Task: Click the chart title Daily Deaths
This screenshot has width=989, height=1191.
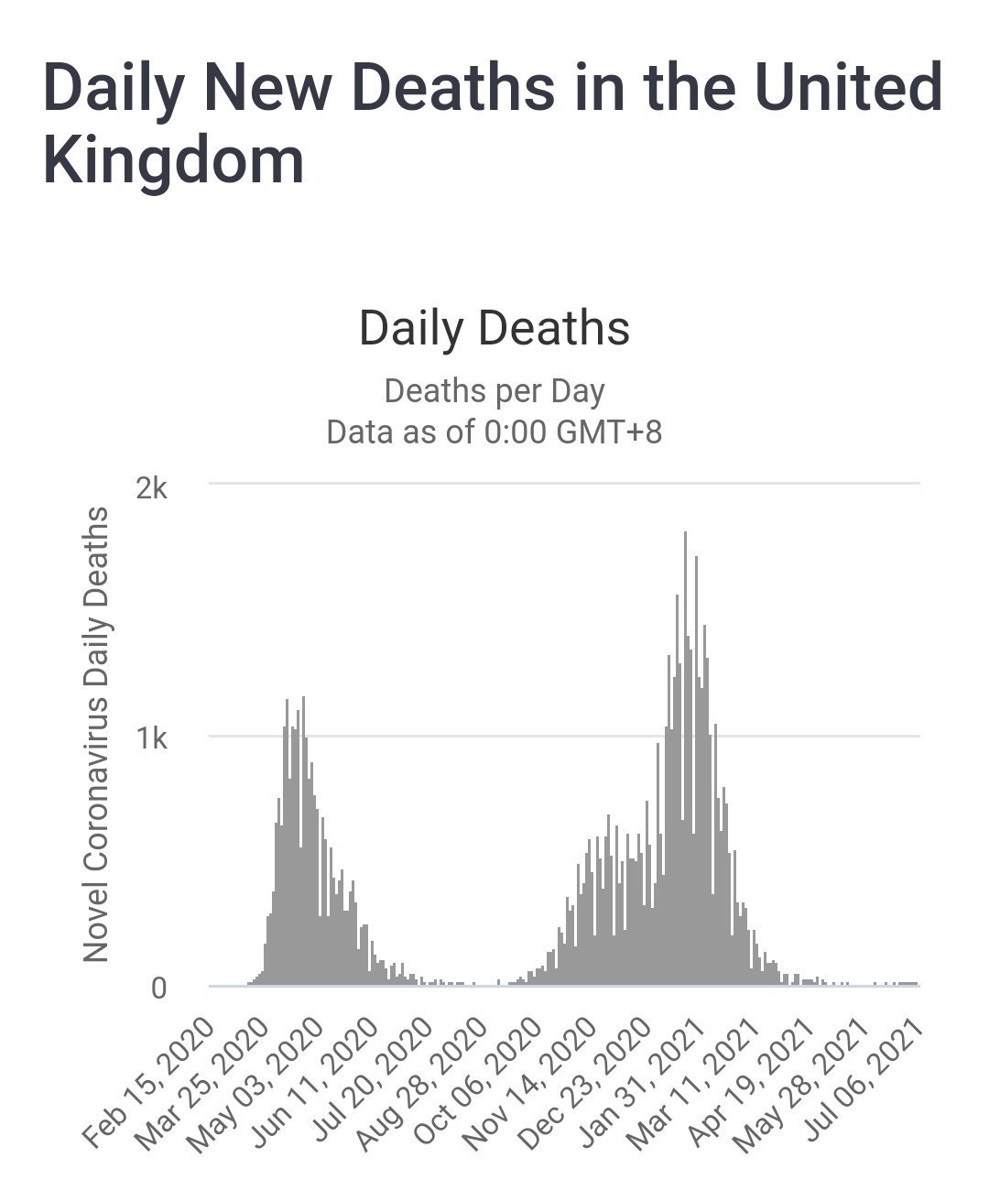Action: (x=494, y=328)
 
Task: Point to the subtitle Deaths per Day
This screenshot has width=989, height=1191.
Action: (x=494, y=391)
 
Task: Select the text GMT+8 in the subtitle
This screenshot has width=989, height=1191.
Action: (x=607, y=432)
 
